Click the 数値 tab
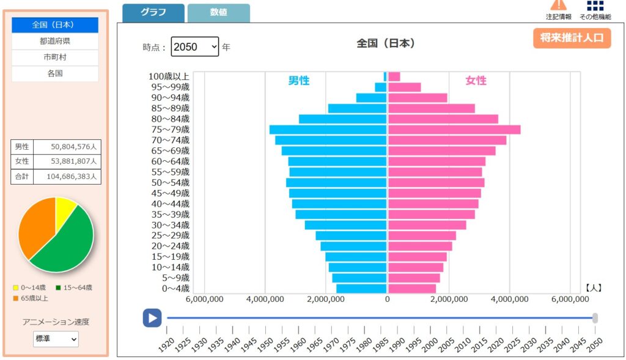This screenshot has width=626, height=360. [x=218, y=13]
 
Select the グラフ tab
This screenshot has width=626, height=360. [x=153, y=13]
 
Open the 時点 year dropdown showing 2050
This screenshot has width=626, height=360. [x=194, y=46]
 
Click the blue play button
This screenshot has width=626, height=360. [x=152, y=318]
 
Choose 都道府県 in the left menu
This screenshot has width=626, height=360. [x=55, y=41]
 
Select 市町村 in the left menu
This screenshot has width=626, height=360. [x=55, y=57]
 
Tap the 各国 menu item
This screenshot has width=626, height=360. [x=55, y=73]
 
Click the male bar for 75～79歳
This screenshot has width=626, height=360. [x=328, y=130]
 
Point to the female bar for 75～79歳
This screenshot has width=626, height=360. [x=454, y=130]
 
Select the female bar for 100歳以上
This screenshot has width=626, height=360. [x=394, y=76]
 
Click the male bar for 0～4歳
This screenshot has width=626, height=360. [x=362, y=288]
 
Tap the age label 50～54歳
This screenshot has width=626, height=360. [x=169, y=183]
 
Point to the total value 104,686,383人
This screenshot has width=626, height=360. [x=67, y=177]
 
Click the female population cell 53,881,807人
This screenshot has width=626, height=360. [x=67, y=161]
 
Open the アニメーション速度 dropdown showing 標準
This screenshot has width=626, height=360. [x=56, y=338]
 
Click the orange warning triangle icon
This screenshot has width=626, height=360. [x=558, y=5]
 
